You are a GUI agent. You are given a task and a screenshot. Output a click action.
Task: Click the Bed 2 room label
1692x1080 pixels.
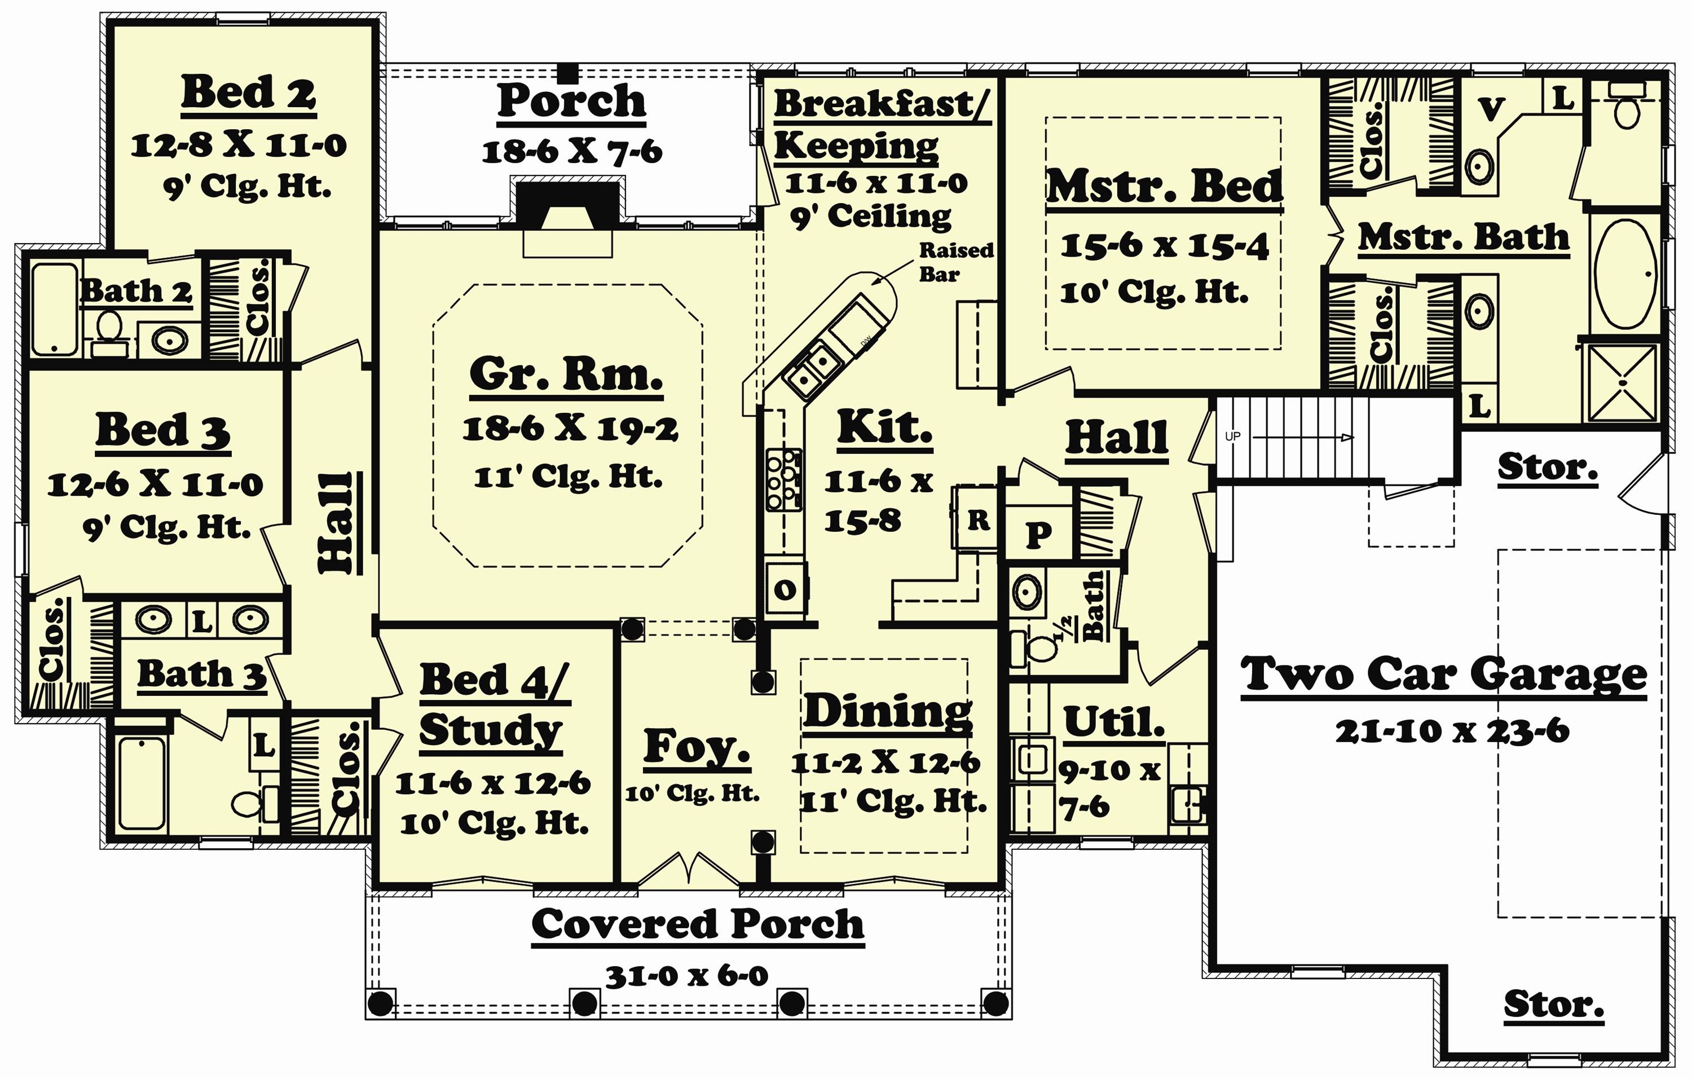(248, 92)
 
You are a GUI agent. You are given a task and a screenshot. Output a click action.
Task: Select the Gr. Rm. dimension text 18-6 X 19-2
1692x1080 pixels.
(569, 429)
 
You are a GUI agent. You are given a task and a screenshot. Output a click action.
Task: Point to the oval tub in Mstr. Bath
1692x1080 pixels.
(1625, 274)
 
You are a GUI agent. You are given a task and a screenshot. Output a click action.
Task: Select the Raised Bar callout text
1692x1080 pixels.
(955, 261)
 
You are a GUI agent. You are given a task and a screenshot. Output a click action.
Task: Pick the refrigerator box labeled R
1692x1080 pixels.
(977, 521)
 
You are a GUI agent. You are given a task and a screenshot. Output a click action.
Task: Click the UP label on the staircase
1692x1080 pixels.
(1232, 437)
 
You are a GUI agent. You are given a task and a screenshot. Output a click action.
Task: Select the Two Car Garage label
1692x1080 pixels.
(1443, 675)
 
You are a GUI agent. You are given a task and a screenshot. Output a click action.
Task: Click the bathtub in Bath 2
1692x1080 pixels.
(54, 309)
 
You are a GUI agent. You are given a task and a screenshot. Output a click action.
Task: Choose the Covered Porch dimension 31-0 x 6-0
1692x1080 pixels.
(686, 975)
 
